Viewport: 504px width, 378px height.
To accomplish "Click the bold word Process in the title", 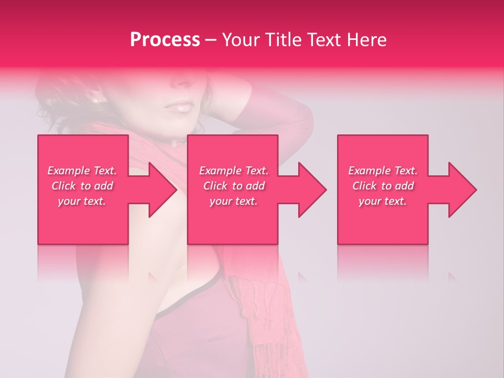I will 165,40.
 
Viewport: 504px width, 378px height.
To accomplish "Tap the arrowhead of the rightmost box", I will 463,190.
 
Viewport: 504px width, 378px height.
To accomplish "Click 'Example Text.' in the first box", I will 82,171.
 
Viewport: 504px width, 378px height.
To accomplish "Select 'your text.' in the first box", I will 82,201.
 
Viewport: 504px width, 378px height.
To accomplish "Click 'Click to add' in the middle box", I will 234,186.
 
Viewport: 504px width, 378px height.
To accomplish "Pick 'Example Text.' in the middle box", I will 234,171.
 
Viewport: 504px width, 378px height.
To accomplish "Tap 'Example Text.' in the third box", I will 383,171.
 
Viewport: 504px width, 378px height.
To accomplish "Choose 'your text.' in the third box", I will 383,201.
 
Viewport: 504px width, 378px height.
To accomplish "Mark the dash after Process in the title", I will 211,40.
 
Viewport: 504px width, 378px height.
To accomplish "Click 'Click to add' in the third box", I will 383,186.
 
